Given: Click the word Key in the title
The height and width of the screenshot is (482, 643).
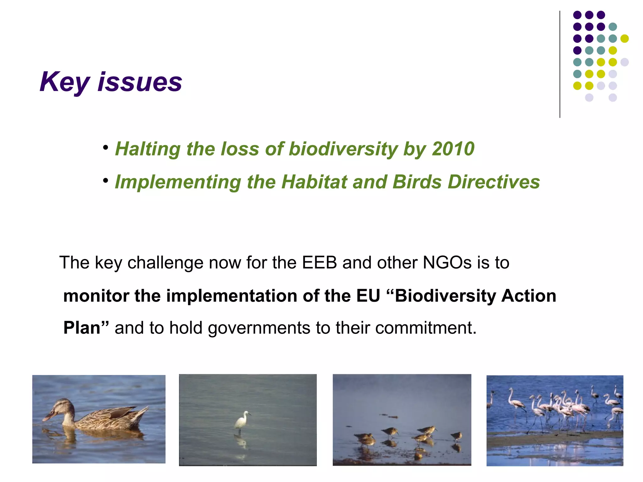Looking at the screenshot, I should pyautogui.click(x=65, y=82).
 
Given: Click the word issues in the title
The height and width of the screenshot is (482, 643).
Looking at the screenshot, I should pyautogui.click(x=140, y=82).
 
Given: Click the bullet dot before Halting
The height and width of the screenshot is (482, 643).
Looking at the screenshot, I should pyautogui.click(x=106, y=147).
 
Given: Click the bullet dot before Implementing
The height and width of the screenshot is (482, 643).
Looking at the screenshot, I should pyautogui.click(x=106, y=181).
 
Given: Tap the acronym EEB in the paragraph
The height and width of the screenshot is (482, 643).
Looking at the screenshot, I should pyautogui.click(x=319, y=263).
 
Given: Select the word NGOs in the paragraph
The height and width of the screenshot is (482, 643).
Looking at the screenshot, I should pyautogui.click(x=447, y=263).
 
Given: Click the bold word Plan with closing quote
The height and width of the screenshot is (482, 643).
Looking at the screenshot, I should pyautogui.click(x=86, y=328).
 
